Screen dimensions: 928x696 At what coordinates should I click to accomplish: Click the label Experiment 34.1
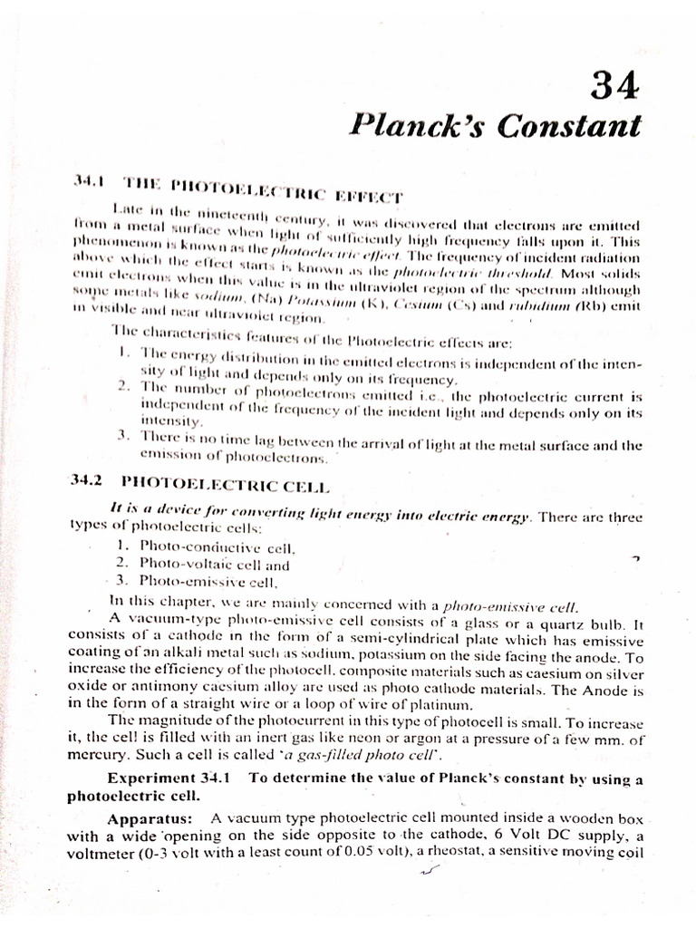(x=169, y=778)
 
